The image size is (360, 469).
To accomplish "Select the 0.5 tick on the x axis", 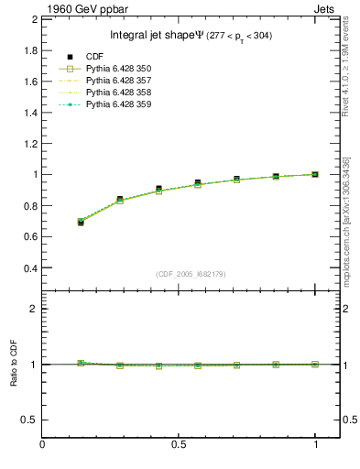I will pyautogui.click(x=180, y=436).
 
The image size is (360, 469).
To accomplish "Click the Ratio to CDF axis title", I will pyautogui.click(x=15, y=364).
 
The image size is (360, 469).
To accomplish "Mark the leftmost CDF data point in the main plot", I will pyautogui.click(x=81, y=223).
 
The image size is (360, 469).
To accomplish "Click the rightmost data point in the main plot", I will pyautogui.click(x=316, y=174).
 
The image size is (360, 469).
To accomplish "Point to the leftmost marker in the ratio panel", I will pyautogui.click(x=81, y=363).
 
